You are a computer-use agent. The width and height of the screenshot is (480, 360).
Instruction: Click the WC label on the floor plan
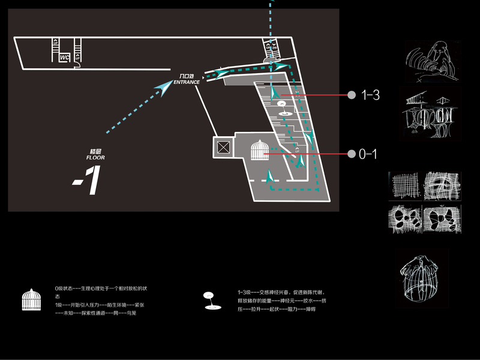click(64, 58)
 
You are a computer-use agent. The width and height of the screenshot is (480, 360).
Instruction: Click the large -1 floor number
click(86, 181)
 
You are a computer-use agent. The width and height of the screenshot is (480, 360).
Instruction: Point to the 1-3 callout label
click(370, 95)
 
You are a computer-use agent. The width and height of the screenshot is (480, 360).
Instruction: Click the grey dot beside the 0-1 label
click(351, 155)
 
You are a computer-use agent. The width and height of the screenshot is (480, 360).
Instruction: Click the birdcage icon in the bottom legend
click(31, 299)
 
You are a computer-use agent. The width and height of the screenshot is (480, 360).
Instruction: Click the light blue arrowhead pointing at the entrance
click(162, 88)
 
